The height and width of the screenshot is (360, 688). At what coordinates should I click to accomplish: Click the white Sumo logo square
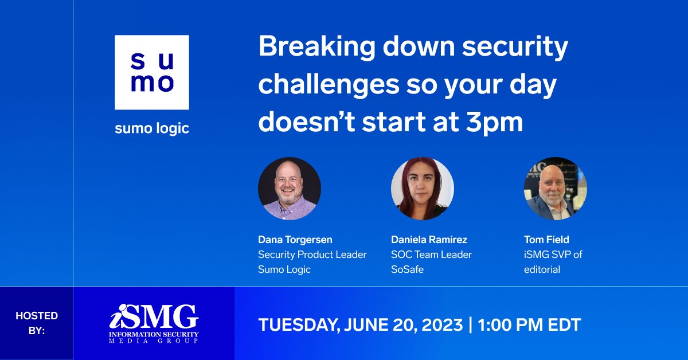(151, 72)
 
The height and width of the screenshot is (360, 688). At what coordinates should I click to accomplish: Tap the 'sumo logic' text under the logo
(151, 128)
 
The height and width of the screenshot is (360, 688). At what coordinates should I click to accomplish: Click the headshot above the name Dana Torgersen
(289, 189)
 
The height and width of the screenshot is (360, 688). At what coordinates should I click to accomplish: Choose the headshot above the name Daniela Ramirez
(422, 189)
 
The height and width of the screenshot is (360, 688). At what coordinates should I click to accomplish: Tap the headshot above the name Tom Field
(555, 189)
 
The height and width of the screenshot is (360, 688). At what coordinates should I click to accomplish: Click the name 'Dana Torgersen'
(295, 240)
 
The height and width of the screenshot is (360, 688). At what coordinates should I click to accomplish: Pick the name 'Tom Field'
(546, 240)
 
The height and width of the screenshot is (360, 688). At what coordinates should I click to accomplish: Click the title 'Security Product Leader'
(312, 255)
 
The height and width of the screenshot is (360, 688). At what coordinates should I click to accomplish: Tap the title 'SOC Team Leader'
(431, 255)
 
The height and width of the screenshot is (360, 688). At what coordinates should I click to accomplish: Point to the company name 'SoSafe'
(407, 269)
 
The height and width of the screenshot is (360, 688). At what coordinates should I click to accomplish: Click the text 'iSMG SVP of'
(553, 255)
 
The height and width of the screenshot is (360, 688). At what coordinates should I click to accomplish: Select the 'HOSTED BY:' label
(36, 323)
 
